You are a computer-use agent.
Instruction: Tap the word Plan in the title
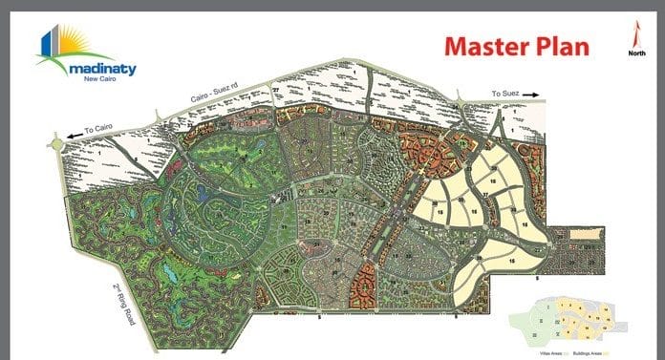[x=559, y=47]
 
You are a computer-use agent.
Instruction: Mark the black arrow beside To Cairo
[x=73, y=136]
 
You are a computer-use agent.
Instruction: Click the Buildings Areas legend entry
[x=611, y=351]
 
